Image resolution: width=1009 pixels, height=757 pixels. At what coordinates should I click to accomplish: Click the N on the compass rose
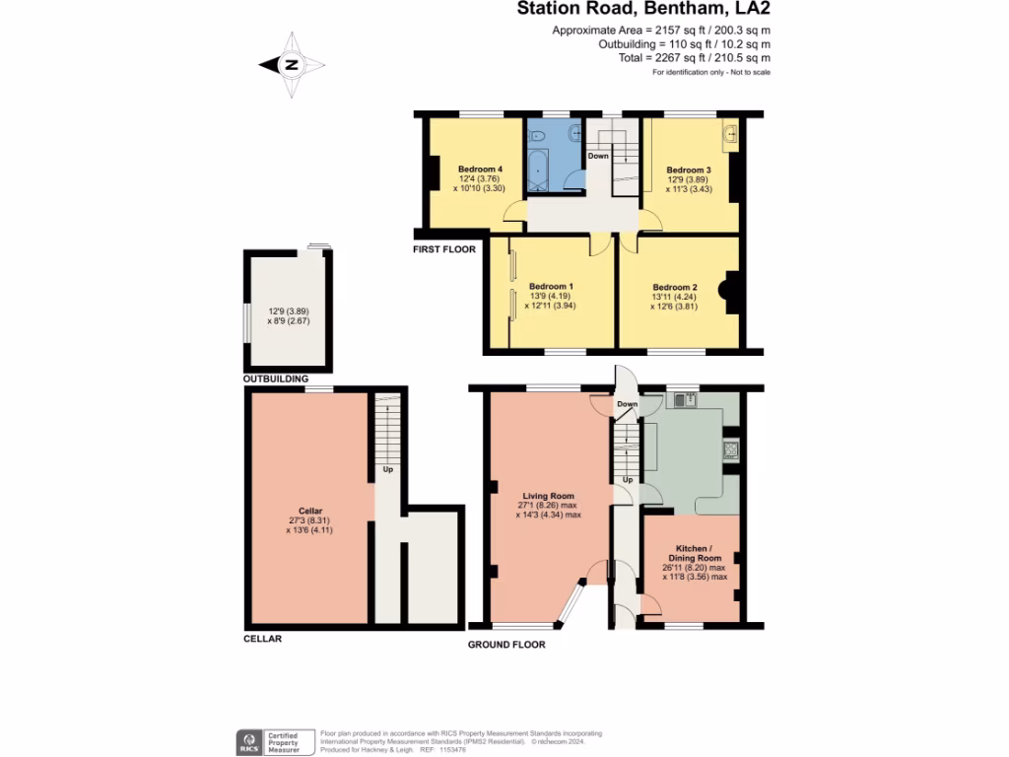pyautogui.click(x=292, y=66)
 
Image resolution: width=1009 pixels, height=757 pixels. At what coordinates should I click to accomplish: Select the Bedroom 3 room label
pyautogui.click(x=689, y=169)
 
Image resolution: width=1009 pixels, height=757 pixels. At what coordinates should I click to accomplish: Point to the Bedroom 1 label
pyautogui.click(x=550, y=286)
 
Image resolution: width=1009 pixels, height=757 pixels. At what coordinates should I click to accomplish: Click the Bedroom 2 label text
pyautogui.click(x=676, y=288)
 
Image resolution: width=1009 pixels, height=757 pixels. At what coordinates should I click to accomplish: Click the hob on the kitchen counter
pyautogui.click(x=731, y=449)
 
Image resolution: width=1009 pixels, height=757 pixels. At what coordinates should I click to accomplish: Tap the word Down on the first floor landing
pyautogui.click(x=598, y=156)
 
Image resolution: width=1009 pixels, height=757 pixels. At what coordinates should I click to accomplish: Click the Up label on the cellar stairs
pyautogui.click(x=388, y=469)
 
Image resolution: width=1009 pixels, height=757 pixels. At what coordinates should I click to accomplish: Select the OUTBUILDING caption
pyautogui.click(x=276, y=378)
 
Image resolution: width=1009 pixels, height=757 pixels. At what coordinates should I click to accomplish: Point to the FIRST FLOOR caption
pyautogui.click(x=444, y=249)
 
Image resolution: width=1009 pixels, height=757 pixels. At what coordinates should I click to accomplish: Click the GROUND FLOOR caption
pyautogui.click(x=506, y=644)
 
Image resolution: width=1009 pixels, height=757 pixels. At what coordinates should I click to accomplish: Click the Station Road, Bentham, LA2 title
pyautogui.click(x=644, y=10)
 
